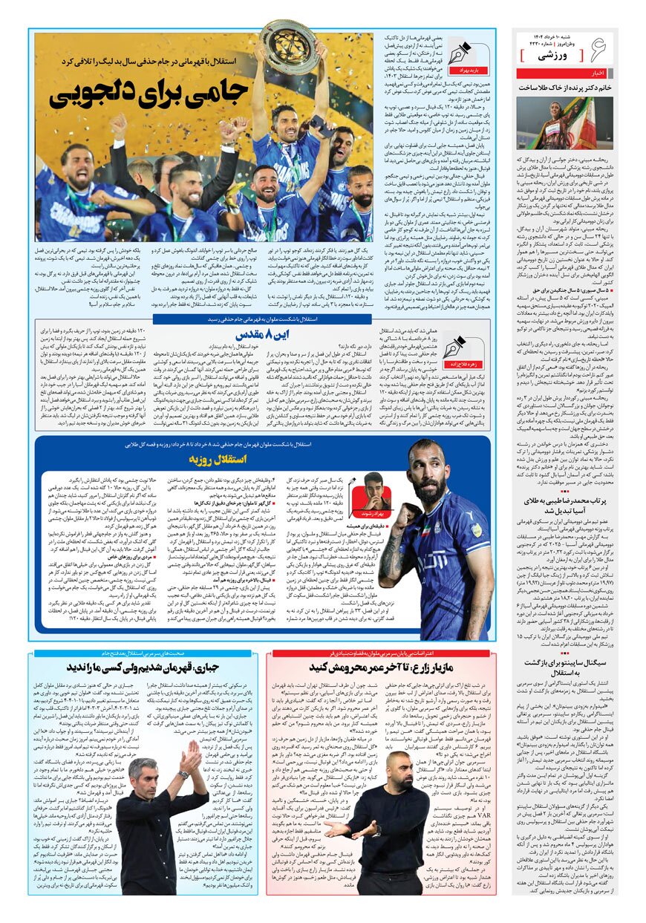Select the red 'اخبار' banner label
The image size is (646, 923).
pos(598,74)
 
